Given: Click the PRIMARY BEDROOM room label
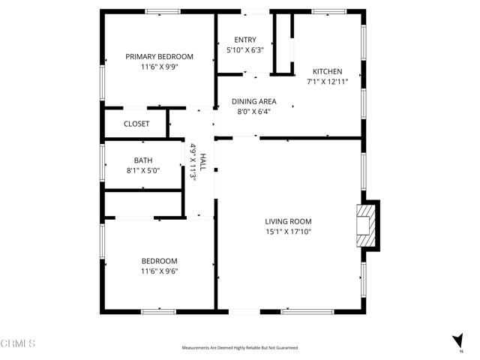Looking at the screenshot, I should pos(159,56).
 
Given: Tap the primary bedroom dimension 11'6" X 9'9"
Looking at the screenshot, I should pos(159,67).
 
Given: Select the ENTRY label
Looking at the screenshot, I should pos(244,40).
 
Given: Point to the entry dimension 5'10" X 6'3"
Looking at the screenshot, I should pos(244,50).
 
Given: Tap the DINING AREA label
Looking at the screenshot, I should pos(253,101).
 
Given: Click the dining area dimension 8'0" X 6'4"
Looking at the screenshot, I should pos(253,112).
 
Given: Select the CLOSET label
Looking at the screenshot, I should pos(136,124).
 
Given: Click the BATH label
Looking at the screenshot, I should pos(142,160).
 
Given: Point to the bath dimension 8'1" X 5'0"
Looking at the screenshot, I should pos(142,170).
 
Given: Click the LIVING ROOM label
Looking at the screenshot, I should pos(288,221).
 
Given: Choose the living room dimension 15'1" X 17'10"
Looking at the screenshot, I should pos(288,232).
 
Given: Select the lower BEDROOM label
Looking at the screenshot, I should pos(159,261).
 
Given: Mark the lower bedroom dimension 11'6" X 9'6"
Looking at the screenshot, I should pos(159,271).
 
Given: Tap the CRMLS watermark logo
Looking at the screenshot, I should pos(18,344).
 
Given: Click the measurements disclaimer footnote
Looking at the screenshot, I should pos(240,348).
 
